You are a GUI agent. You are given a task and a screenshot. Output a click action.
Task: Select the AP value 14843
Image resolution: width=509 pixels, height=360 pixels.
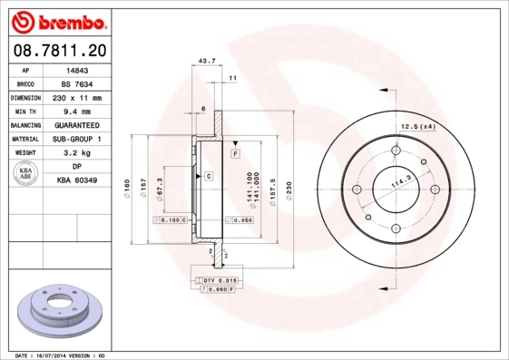click(77, 69)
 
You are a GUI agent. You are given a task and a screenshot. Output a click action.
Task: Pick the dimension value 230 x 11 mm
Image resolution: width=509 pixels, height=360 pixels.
click(77, 97)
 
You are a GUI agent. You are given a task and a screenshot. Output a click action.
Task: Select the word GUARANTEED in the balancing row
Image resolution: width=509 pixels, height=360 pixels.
click(77, 125)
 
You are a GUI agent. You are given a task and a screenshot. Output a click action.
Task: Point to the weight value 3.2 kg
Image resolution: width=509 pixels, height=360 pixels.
click(77, 153)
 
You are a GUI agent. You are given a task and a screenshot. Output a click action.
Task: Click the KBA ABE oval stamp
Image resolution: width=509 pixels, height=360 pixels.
click(25, 174)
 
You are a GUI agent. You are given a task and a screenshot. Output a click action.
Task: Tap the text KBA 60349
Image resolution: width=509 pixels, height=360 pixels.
click(77, 181)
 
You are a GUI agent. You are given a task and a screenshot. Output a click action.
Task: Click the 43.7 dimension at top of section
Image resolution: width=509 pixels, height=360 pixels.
click(207, 62)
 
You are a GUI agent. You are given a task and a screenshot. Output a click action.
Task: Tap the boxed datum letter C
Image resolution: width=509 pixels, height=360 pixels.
click(208, 175)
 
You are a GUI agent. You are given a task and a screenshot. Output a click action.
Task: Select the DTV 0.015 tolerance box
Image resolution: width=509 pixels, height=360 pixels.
click(218, 281)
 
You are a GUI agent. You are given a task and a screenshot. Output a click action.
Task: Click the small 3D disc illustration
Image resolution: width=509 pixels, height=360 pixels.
click(59, 310)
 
